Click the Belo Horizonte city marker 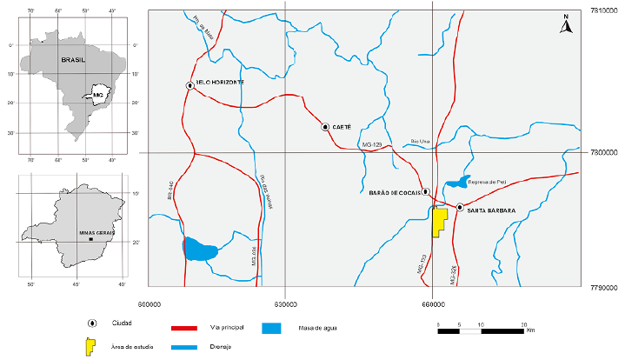click(x=189, y=85)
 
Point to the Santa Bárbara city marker click(x=460, y=207)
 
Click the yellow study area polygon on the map click(x=439, y=221)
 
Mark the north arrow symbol click(x=565, y=23)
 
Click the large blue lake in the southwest click(x=201, y=250)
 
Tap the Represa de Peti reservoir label click(x=486, y=182)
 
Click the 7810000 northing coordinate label click(x=602, y=10)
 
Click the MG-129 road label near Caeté click(x=372, y=144)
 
